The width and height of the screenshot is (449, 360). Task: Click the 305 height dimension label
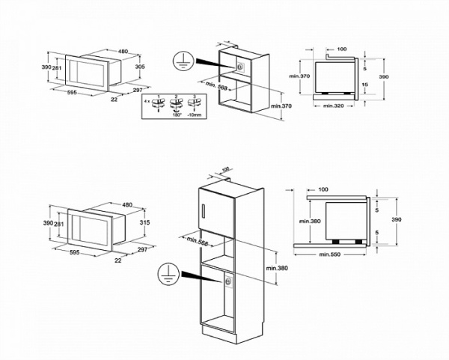pyautogui.click(x=138, y=66)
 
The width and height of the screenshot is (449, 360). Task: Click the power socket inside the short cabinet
pyautogui.click(x=239, y=66)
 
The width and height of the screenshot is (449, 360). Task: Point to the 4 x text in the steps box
pyautogui.click(x=148, y=100)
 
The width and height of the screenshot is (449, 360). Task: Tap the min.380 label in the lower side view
pyautogui.click(x=310, y=221)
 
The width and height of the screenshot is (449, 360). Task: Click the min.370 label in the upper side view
pyautogui.click(x=299, y=76)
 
